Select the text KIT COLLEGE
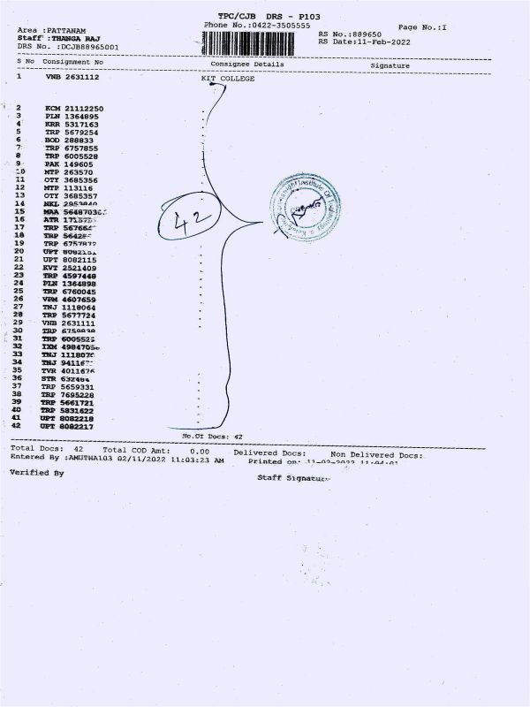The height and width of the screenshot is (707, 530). tap(227, 79)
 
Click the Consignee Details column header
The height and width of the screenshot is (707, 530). tap(246, 64)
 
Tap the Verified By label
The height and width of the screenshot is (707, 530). tap(37, 473)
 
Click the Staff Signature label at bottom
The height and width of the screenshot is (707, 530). tap(292, 477)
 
